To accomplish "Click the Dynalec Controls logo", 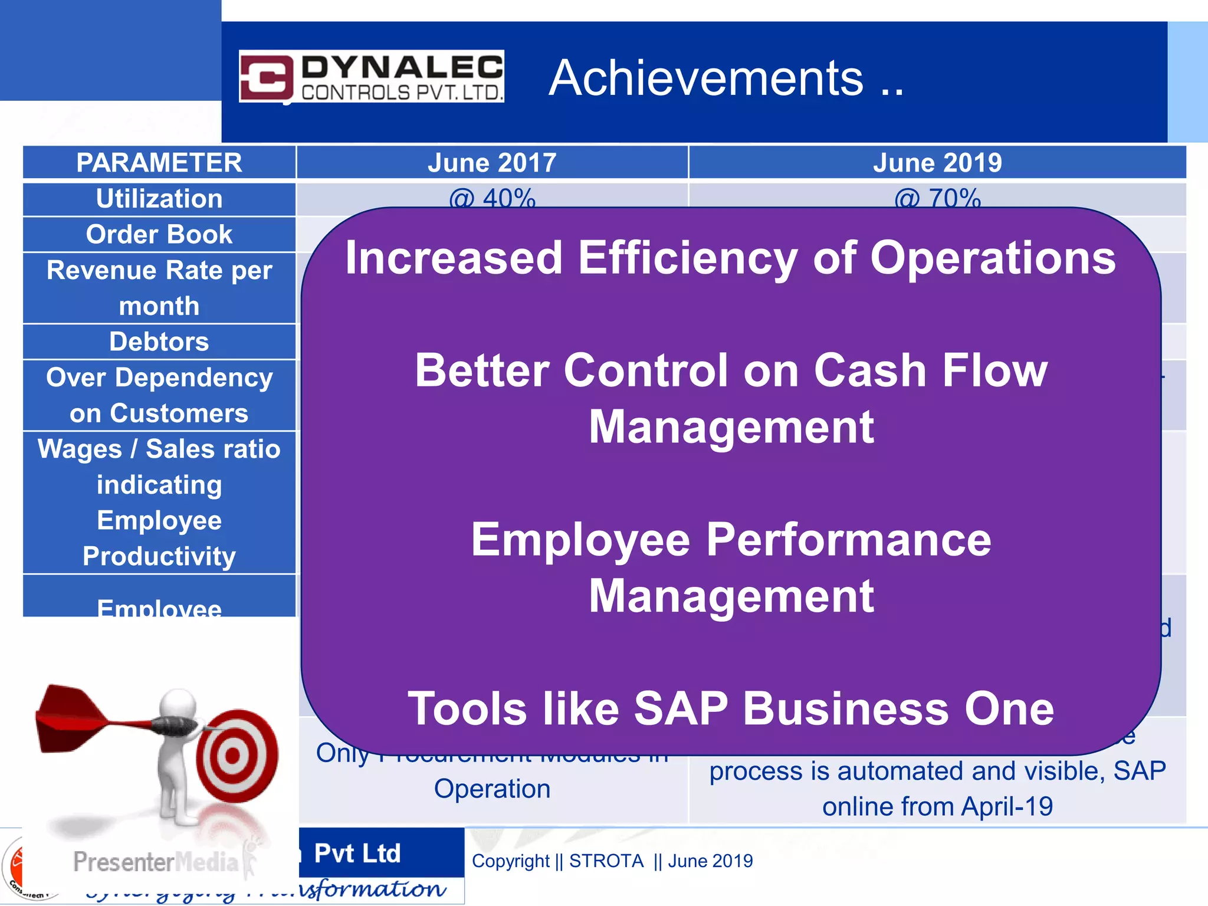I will click(x=371, y=77).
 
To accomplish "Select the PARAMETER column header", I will click(x=159, y=163).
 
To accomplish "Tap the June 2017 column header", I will click(x=492, y=163).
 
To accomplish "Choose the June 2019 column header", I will click(x=937, y=163).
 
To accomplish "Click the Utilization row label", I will click(x=159, y=199).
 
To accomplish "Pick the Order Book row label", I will click(x=159, y=234).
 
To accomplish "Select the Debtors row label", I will click(x=159, y=342).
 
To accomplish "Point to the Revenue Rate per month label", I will click(x=159, y=288).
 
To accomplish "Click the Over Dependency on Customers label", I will click(x=159, y=395).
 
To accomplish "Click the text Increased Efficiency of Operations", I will click(x=730, y=258).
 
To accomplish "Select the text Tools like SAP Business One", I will click(x=730, y=708).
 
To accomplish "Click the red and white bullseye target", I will click(x=236, y=756).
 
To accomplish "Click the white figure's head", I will click(x=178, y=705).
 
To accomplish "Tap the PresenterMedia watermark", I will click(x=156, y=862).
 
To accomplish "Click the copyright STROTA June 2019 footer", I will click(x=612, y=861).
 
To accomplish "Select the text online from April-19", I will click(x=937, y=806).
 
